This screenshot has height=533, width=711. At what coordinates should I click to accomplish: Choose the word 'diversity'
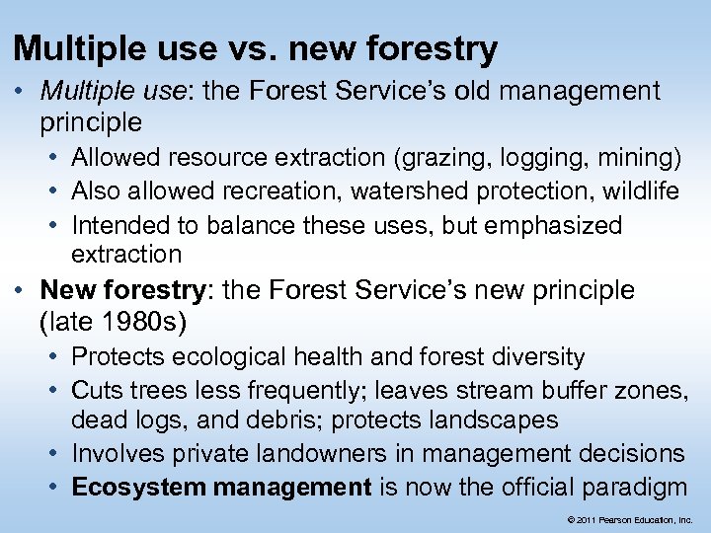(535, 356)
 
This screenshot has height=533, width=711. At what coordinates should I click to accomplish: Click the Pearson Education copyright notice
(629, 518)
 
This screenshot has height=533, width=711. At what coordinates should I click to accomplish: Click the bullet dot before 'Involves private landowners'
(55, 453)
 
